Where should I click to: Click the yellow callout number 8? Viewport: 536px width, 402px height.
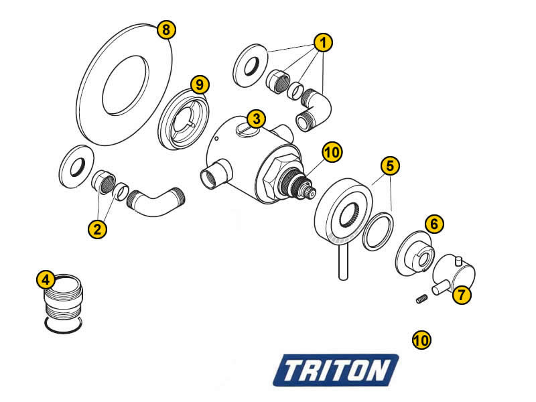(166, 29)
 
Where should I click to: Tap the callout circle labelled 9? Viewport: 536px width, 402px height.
(200, 84)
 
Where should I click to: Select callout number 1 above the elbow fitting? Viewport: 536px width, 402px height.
(323, 43)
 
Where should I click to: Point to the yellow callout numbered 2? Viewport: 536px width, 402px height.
(97, 229)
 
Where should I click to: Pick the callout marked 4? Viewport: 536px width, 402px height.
(46, 280)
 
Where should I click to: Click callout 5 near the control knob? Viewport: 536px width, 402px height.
(390, 165)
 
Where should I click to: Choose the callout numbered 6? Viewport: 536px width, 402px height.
(434, 224)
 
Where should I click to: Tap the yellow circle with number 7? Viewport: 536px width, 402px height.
(462, 295)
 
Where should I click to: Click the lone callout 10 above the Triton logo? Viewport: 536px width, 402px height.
(421, 340)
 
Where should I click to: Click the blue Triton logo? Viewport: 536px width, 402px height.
(336, 371)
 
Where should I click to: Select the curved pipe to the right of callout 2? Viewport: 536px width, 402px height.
(155, 202)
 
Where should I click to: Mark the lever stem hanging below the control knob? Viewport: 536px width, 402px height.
(343, 261)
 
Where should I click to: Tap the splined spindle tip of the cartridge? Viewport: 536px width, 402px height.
(310, 192)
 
